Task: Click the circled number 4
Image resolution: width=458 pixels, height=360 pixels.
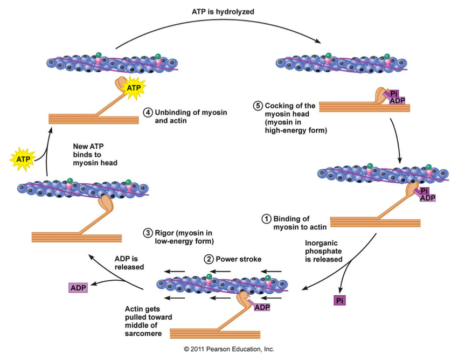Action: point(148,113)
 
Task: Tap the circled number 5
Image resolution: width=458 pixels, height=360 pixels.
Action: point(258,106)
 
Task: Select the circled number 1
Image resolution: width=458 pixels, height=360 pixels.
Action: point(266,219)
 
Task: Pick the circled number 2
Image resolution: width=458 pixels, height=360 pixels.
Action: point(208,259)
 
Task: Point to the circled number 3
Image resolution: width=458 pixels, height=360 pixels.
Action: point(148,233)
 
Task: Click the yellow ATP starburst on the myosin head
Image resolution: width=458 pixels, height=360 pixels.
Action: point(133,87)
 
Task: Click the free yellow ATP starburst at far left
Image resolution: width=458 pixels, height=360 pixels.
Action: point(23,159)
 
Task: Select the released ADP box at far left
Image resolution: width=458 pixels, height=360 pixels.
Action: point(78,287)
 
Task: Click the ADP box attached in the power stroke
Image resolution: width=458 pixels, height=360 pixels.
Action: point(262,307)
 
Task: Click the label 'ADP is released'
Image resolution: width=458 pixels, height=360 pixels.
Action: point(127,263)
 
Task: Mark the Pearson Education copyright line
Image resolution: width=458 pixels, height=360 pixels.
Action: point(229,349)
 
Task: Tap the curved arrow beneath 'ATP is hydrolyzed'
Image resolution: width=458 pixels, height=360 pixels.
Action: point(216,28)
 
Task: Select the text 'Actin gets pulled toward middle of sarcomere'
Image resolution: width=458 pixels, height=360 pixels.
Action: point(149,321)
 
